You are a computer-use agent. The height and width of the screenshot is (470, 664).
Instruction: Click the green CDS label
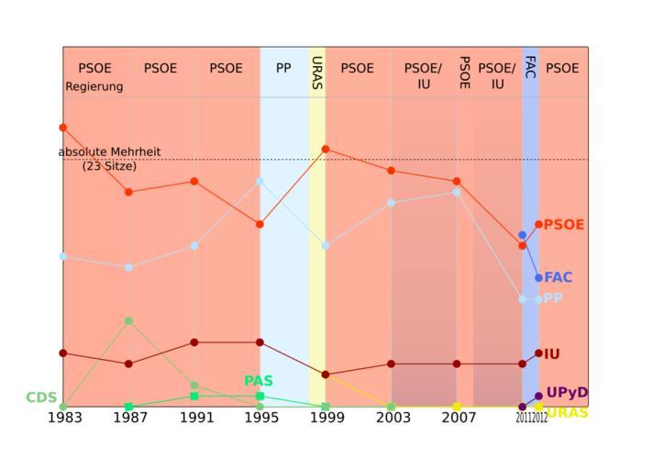coord(41,397)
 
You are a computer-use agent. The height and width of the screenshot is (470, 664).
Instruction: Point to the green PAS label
coord(259,381)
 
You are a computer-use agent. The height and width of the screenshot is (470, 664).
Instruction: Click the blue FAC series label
coord(559,277)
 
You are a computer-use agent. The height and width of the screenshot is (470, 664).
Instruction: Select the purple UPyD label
coord(567,393)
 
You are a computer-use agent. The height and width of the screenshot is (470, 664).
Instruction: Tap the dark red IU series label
coord(552,353)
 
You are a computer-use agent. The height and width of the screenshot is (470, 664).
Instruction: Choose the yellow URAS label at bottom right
coord(567,413)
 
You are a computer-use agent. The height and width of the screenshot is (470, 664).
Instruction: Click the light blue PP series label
coord(553,298)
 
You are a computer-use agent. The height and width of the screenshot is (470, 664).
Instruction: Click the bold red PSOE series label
coord(564,225)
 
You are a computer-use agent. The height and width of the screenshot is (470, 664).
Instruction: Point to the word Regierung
coord(94,87)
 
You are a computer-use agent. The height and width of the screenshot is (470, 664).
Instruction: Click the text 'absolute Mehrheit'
coord(110,151)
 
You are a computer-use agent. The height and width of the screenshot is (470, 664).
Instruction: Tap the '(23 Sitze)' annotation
coord(109,166)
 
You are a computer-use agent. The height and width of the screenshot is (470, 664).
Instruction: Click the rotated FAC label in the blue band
coord(530,67)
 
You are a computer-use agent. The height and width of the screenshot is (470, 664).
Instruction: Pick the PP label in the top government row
coord(283,68)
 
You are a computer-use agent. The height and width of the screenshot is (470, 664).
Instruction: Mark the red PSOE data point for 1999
coord(326,149)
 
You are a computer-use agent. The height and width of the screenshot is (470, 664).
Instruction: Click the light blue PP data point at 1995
coord(260,181)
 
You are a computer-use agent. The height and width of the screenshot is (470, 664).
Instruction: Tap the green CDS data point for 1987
coord(129,320)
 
